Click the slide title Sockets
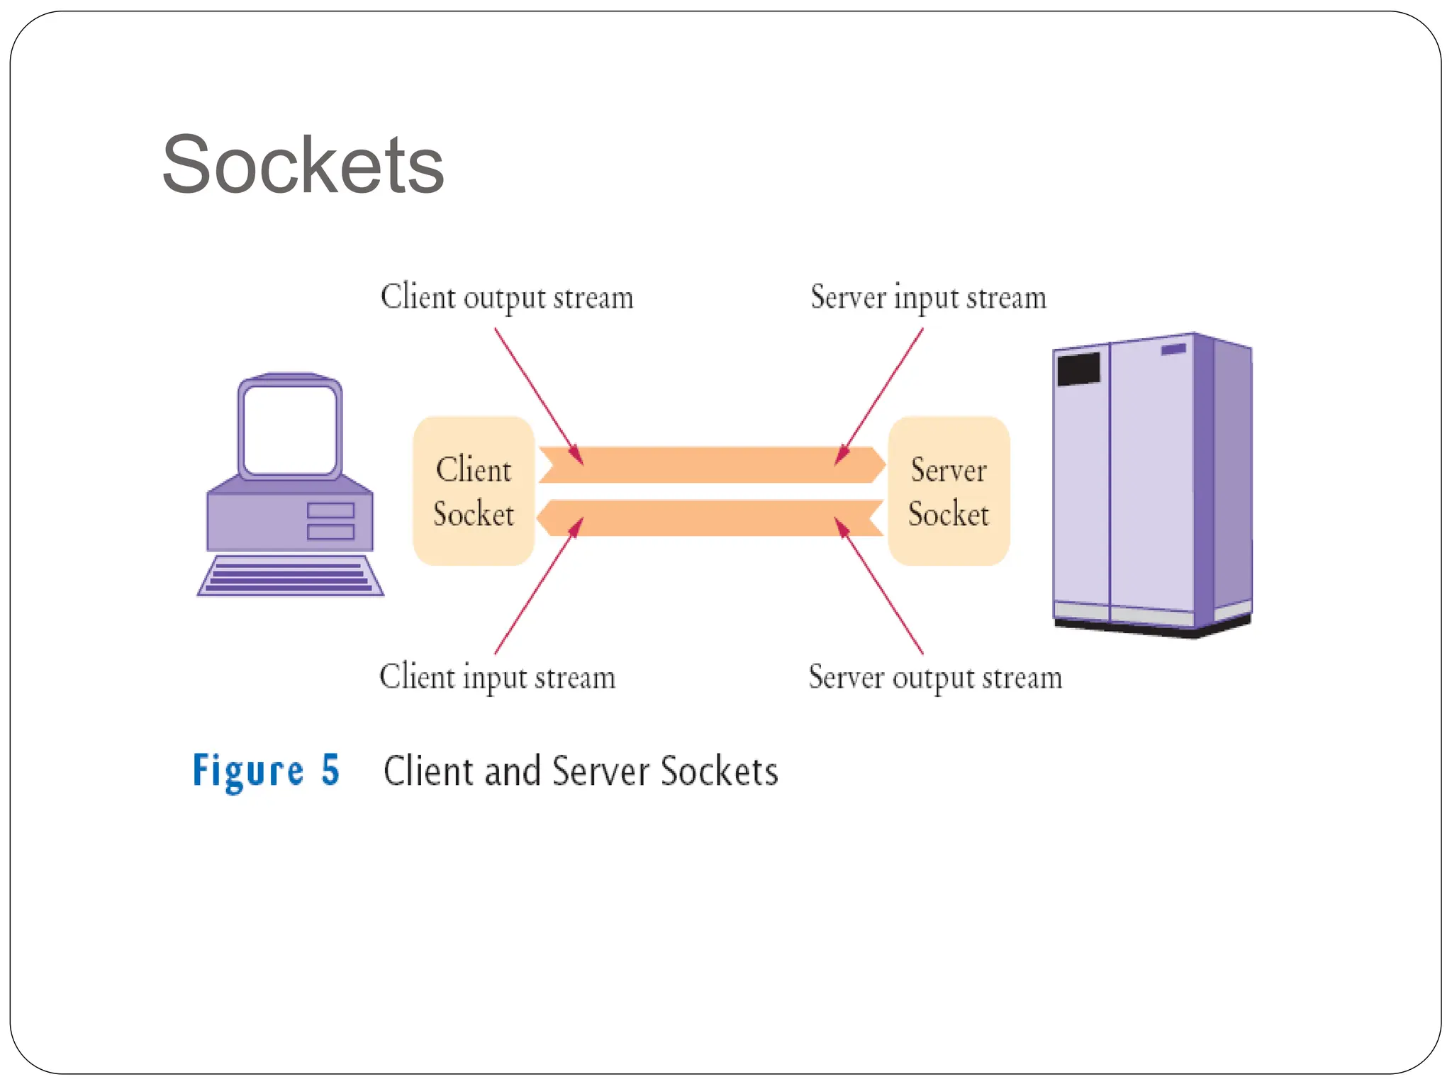tap(303, 165)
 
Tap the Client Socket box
tap(473, 491)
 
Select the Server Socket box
tap(948, 491)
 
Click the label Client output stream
tap(507, 297)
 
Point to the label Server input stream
tap(928, 297)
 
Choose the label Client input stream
tap(497, 677)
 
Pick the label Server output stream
tap(935, 677)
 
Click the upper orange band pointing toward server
tap(709, 464)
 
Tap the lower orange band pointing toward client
tap(709, 518)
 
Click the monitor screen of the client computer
tap(289, 430)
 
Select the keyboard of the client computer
tap(290, 576)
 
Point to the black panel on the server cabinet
tap(1078, 369)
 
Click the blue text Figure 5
tap(266, 771)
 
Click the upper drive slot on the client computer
tap(330, 510)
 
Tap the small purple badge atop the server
tap(1173, 350)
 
